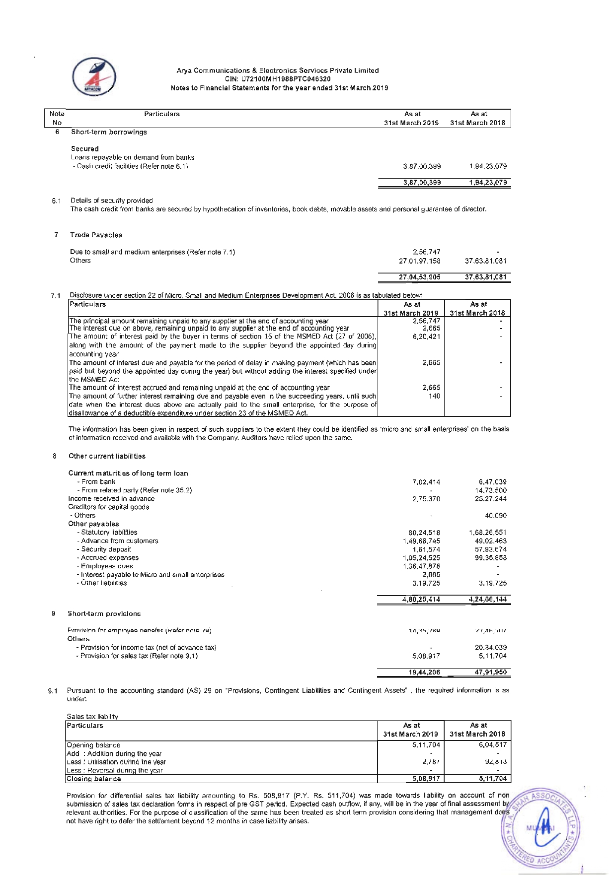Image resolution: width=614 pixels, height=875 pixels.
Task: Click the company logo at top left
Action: pos(94,77)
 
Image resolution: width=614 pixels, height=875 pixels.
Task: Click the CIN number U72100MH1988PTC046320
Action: pos(278,79)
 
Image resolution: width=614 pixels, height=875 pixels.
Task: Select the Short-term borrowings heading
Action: pos(109,132)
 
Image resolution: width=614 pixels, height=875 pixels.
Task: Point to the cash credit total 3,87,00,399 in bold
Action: pos(422,182)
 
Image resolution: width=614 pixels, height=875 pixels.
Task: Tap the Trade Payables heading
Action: pos(96,235)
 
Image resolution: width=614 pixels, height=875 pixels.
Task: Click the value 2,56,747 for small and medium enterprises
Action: pos(427,252)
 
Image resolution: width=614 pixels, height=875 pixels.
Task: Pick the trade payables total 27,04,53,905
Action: pos(420,277)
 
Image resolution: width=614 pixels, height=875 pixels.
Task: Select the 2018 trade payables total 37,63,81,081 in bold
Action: pos(485,277)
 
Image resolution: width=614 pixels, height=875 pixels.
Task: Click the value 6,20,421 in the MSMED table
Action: pos(427,337)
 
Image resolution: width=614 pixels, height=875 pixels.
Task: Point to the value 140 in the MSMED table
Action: pos(434,396)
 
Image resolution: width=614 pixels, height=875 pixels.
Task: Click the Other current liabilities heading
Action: pos(107,456)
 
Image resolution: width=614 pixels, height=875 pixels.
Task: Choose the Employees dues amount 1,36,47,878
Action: pos(422,566)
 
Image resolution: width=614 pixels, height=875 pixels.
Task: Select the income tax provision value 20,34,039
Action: pos(491,647)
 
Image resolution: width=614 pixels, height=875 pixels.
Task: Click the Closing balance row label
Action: pos(94,779)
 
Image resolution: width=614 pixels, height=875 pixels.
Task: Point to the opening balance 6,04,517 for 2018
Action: pos(493,744)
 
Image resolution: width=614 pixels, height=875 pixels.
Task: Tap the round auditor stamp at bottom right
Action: pos(541,828)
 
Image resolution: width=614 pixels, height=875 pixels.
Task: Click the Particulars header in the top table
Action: pos(162,114)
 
